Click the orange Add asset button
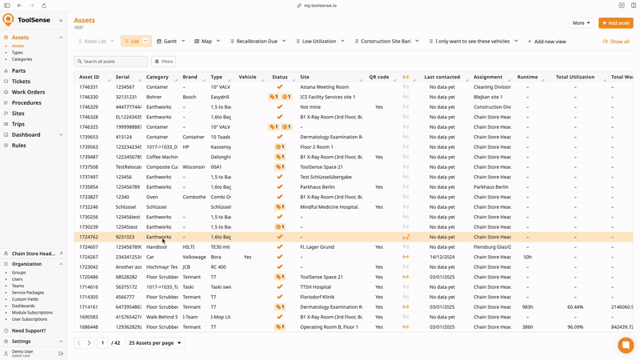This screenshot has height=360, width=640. (615, 23)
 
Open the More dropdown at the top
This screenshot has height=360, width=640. (580, 23)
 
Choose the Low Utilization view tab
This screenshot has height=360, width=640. (318, 41)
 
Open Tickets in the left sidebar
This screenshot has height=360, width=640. (21, 82)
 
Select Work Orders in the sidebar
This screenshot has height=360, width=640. (28, 92)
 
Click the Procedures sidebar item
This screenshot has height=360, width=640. (26, 103)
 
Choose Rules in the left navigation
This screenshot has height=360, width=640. (19, 146)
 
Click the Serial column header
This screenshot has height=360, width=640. (122, 77)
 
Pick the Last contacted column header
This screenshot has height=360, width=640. (442, 77)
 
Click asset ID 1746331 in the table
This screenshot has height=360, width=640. (89, 86)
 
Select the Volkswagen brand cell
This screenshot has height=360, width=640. (194, 257)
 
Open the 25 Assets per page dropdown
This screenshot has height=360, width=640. (155, 343)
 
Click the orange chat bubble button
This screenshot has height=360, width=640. (626, 345)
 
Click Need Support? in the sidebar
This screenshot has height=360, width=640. (29, 330)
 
